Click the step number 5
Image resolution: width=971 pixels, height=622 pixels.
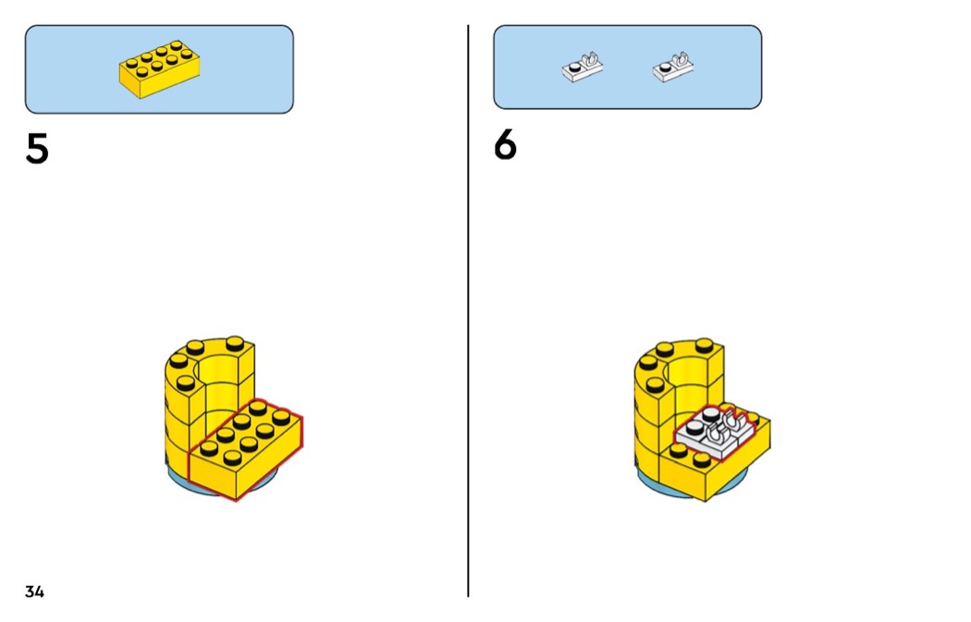(x=37, y=149)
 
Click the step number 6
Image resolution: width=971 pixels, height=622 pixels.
(x=505, y=145)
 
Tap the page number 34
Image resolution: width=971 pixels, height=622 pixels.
(x=35, y=592)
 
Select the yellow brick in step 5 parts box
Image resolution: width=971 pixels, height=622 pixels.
(x=160, y=69)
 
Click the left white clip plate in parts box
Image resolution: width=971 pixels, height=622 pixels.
(x=582, y=67)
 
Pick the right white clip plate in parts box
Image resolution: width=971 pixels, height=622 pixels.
(x=673, y=67)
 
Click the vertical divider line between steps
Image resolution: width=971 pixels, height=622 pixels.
(x=468, y=311)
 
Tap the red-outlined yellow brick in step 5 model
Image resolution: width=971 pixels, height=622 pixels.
(x=246, y=448)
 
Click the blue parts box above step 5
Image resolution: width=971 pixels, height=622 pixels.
(x=159, y=69)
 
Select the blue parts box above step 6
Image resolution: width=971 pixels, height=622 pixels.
(x=627, y=67)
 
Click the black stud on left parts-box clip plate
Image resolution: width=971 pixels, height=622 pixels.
(x=575, y=67)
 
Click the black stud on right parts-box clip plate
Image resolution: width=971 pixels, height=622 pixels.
(x=666, y=67)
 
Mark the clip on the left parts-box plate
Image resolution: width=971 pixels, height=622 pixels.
(x=592, y=60)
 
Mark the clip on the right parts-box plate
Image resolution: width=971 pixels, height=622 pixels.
(x=682, y=60)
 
